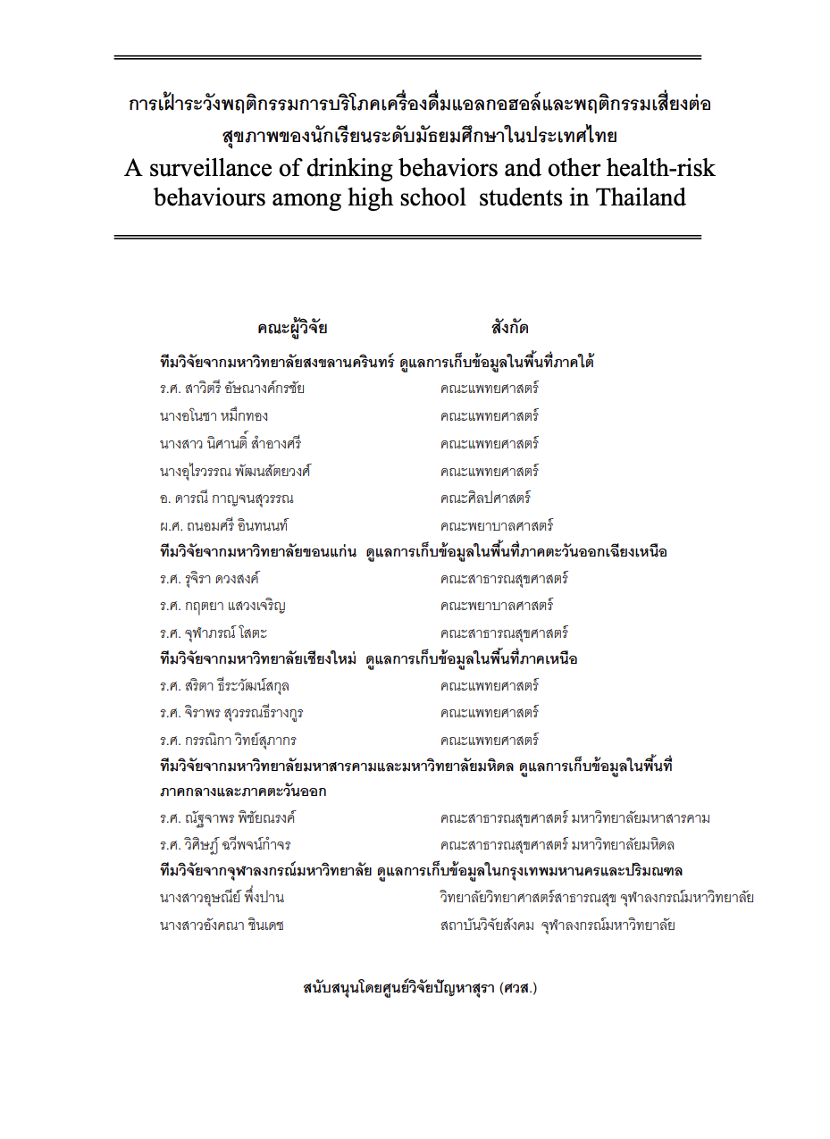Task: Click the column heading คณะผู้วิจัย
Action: tap(292, 328)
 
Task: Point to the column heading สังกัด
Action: tap(509, 328)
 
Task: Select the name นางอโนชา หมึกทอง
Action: tap(214, 417)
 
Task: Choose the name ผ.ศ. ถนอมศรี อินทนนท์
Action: tap(224, 526)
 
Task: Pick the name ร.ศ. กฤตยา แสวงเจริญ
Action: tap(222, 607)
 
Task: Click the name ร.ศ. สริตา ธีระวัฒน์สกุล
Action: tap(224, 687)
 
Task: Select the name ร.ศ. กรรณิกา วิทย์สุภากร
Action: tap(228, 741)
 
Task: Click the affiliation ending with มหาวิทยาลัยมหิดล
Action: tap(557, 845)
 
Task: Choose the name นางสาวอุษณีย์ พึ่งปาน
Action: tap(222, 898)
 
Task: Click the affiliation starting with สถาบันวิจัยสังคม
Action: tap(557, 925)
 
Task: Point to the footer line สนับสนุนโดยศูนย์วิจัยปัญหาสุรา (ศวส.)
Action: tap(420, 988)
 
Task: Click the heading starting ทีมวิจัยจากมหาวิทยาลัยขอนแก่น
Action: tap(413, 553)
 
